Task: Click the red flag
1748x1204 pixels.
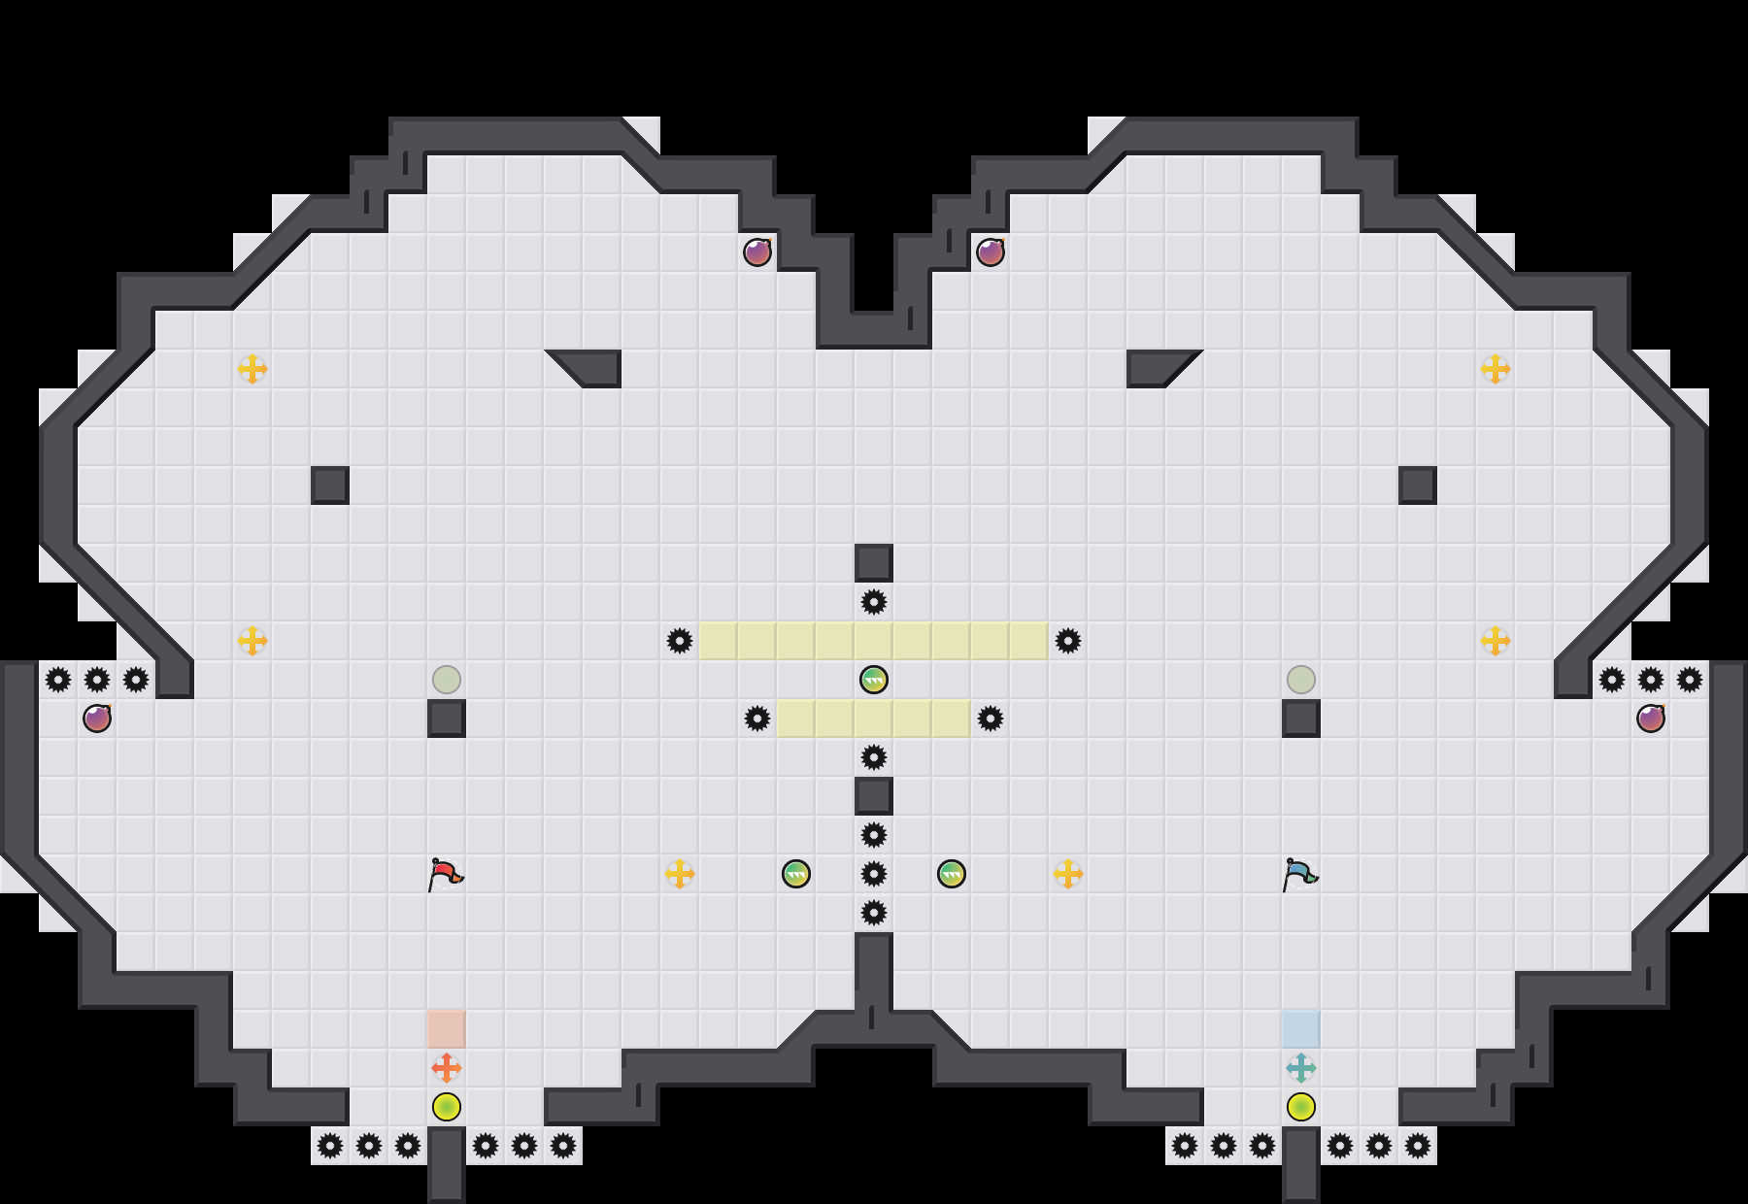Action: click(445, 873)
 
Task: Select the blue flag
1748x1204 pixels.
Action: click(1299, 873)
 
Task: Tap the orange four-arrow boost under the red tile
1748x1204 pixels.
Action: click(447, 1068)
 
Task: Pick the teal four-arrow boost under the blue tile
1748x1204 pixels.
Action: click(1301, 1068)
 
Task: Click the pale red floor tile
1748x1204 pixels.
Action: click(447, 1029)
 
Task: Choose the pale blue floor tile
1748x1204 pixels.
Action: click(1301, 1029)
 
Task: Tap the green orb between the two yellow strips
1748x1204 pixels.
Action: click(874, 680)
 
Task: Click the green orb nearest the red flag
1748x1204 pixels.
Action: click(796, 874)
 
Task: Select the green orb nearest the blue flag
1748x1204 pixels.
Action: click(952, 874)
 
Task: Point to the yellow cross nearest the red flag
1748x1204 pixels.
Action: click(680, 874)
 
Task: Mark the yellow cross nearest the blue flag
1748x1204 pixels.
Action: click(1068, 874)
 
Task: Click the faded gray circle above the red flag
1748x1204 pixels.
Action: click(447, 680)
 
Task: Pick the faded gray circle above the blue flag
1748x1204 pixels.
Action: click(1301, 680)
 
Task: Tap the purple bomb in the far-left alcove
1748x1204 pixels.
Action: click(97, 719)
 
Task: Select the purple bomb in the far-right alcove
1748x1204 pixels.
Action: click(1651, 719)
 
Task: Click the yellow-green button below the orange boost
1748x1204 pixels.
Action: click(447, 1107)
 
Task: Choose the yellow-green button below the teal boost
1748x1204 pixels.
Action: click(1301, 1107)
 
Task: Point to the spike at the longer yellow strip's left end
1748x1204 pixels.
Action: click(680, 641)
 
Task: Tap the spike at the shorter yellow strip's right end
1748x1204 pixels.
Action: click(991, 719)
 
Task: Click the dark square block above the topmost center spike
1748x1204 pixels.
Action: click(874, 563)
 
